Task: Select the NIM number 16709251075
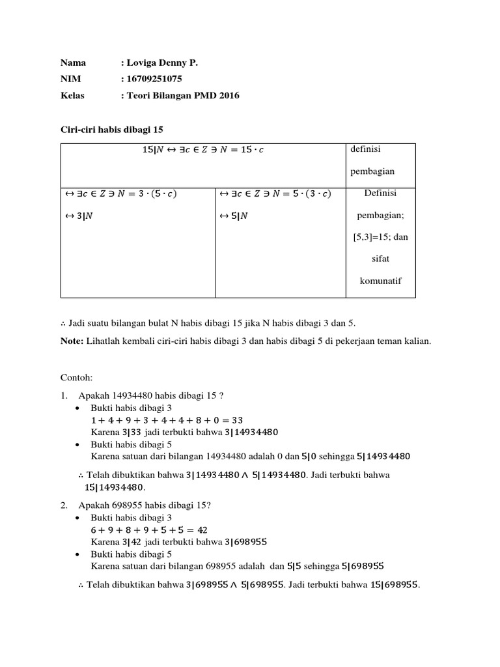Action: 154,79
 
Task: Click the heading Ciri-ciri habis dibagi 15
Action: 111,130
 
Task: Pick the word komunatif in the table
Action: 380,281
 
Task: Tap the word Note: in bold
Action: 72,341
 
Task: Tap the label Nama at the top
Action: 73,63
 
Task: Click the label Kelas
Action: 72,95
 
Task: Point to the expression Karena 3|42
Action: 115,541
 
